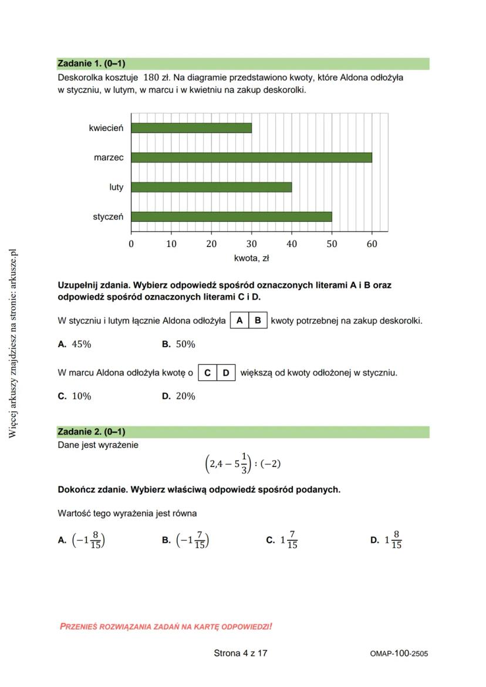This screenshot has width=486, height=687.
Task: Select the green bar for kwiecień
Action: [191, 128]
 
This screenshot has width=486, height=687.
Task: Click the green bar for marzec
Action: [251, 157]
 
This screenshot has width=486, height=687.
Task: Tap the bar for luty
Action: [211, 187]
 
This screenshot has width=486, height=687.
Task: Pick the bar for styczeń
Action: [231, 216]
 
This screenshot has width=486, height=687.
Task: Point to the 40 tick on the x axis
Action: [292, 244]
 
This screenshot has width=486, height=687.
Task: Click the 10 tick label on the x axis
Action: [171, 244]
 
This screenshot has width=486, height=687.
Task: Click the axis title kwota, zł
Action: [251, 258]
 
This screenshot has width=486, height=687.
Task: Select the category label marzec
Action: [109, 157]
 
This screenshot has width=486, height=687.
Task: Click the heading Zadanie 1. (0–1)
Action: [92, 63]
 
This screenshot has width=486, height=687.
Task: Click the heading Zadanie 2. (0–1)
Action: [92, 432]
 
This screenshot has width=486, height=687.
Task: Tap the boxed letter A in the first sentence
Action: [240, 321]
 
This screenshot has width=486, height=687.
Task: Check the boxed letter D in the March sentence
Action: [226, 373]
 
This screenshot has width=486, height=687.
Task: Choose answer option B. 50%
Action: [179, 344]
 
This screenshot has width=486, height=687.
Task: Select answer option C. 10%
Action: [75, 396]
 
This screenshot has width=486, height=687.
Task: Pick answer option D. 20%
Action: [179, 396]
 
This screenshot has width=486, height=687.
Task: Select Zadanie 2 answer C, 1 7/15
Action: [282, 540]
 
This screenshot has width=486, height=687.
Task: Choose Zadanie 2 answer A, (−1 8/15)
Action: [82, 540]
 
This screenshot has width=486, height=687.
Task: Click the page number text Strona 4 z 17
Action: [241, 653]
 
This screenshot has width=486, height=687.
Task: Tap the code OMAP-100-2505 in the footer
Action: [399, 654]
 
